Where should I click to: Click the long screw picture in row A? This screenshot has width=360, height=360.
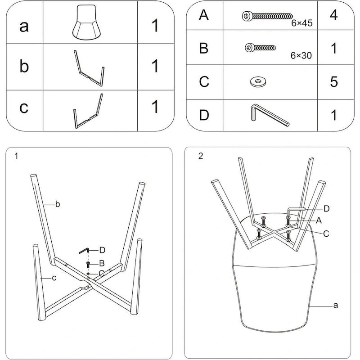click(x=265, y=16)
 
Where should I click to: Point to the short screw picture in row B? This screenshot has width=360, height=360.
click(x=261, y=47)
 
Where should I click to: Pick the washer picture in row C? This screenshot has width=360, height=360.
click(x=257, y=81)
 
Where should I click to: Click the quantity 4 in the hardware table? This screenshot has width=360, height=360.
click(x=333, y=16)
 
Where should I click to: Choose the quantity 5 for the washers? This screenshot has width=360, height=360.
click(x=333, y=81)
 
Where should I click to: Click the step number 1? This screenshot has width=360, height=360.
click(x=17, y=157)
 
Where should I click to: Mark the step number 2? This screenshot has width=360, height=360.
click(x=201, y=157)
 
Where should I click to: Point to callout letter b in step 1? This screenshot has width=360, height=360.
click(x=58, y=205)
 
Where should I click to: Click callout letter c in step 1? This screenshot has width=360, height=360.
click(x=54, y=278)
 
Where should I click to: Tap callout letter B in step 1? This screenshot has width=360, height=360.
click(x=102, y=263)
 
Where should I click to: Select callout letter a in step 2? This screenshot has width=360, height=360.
click(x=335, y=305)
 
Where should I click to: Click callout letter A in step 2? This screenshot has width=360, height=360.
click(x=319, y=220)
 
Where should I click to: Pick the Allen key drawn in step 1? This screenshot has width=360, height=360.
click(x=85, y=250)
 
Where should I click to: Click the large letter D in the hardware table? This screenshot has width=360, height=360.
click(x=204, y=115)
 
